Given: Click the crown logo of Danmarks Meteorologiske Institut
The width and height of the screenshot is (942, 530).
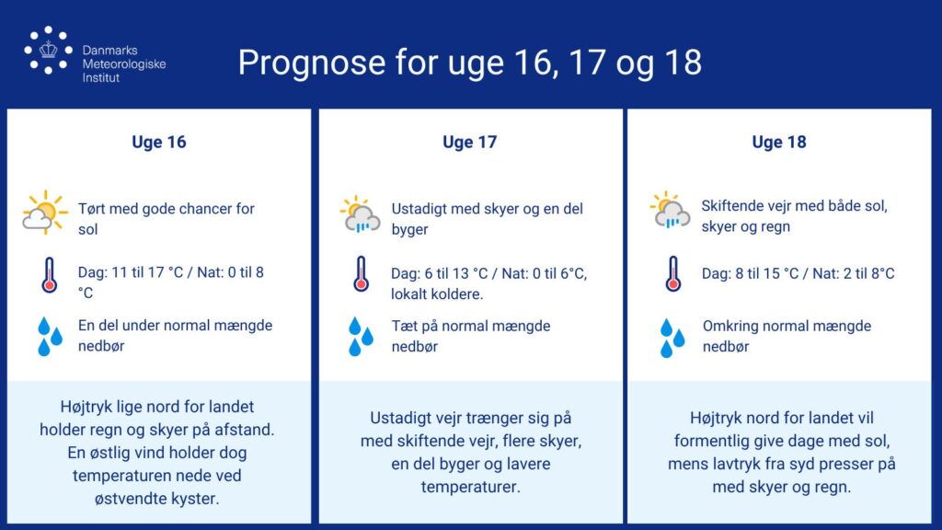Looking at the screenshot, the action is pos(48,51).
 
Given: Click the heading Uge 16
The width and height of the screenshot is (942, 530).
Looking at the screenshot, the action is pos(159,143).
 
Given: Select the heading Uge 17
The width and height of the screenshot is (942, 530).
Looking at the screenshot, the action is pos(470,143).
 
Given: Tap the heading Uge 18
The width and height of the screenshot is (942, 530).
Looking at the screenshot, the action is pos(779,143).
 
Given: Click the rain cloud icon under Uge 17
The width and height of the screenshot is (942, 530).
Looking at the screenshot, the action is pos(361,214).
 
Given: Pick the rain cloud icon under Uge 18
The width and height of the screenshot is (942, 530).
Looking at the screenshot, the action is pos(670,211).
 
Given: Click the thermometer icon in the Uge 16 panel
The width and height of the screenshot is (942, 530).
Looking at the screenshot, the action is pos(50,275).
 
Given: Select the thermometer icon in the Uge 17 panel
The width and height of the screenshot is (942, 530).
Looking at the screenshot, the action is pos(361,274).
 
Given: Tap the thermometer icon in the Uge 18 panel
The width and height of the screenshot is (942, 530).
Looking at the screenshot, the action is pos(672,274).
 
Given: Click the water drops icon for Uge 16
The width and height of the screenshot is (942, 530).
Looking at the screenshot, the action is pos(50,337).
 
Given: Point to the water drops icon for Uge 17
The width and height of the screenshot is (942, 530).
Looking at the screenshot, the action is pos(361,337).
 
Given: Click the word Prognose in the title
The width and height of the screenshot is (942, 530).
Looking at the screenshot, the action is pos(311,63).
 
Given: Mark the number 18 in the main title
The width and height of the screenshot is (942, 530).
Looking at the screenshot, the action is pos(684,62).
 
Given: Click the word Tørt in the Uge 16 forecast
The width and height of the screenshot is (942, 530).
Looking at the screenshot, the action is pos(92,209).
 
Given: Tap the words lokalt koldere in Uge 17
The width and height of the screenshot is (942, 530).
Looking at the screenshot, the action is pos(437,294).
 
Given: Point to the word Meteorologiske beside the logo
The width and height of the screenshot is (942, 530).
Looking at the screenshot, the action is pos(124,64).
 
